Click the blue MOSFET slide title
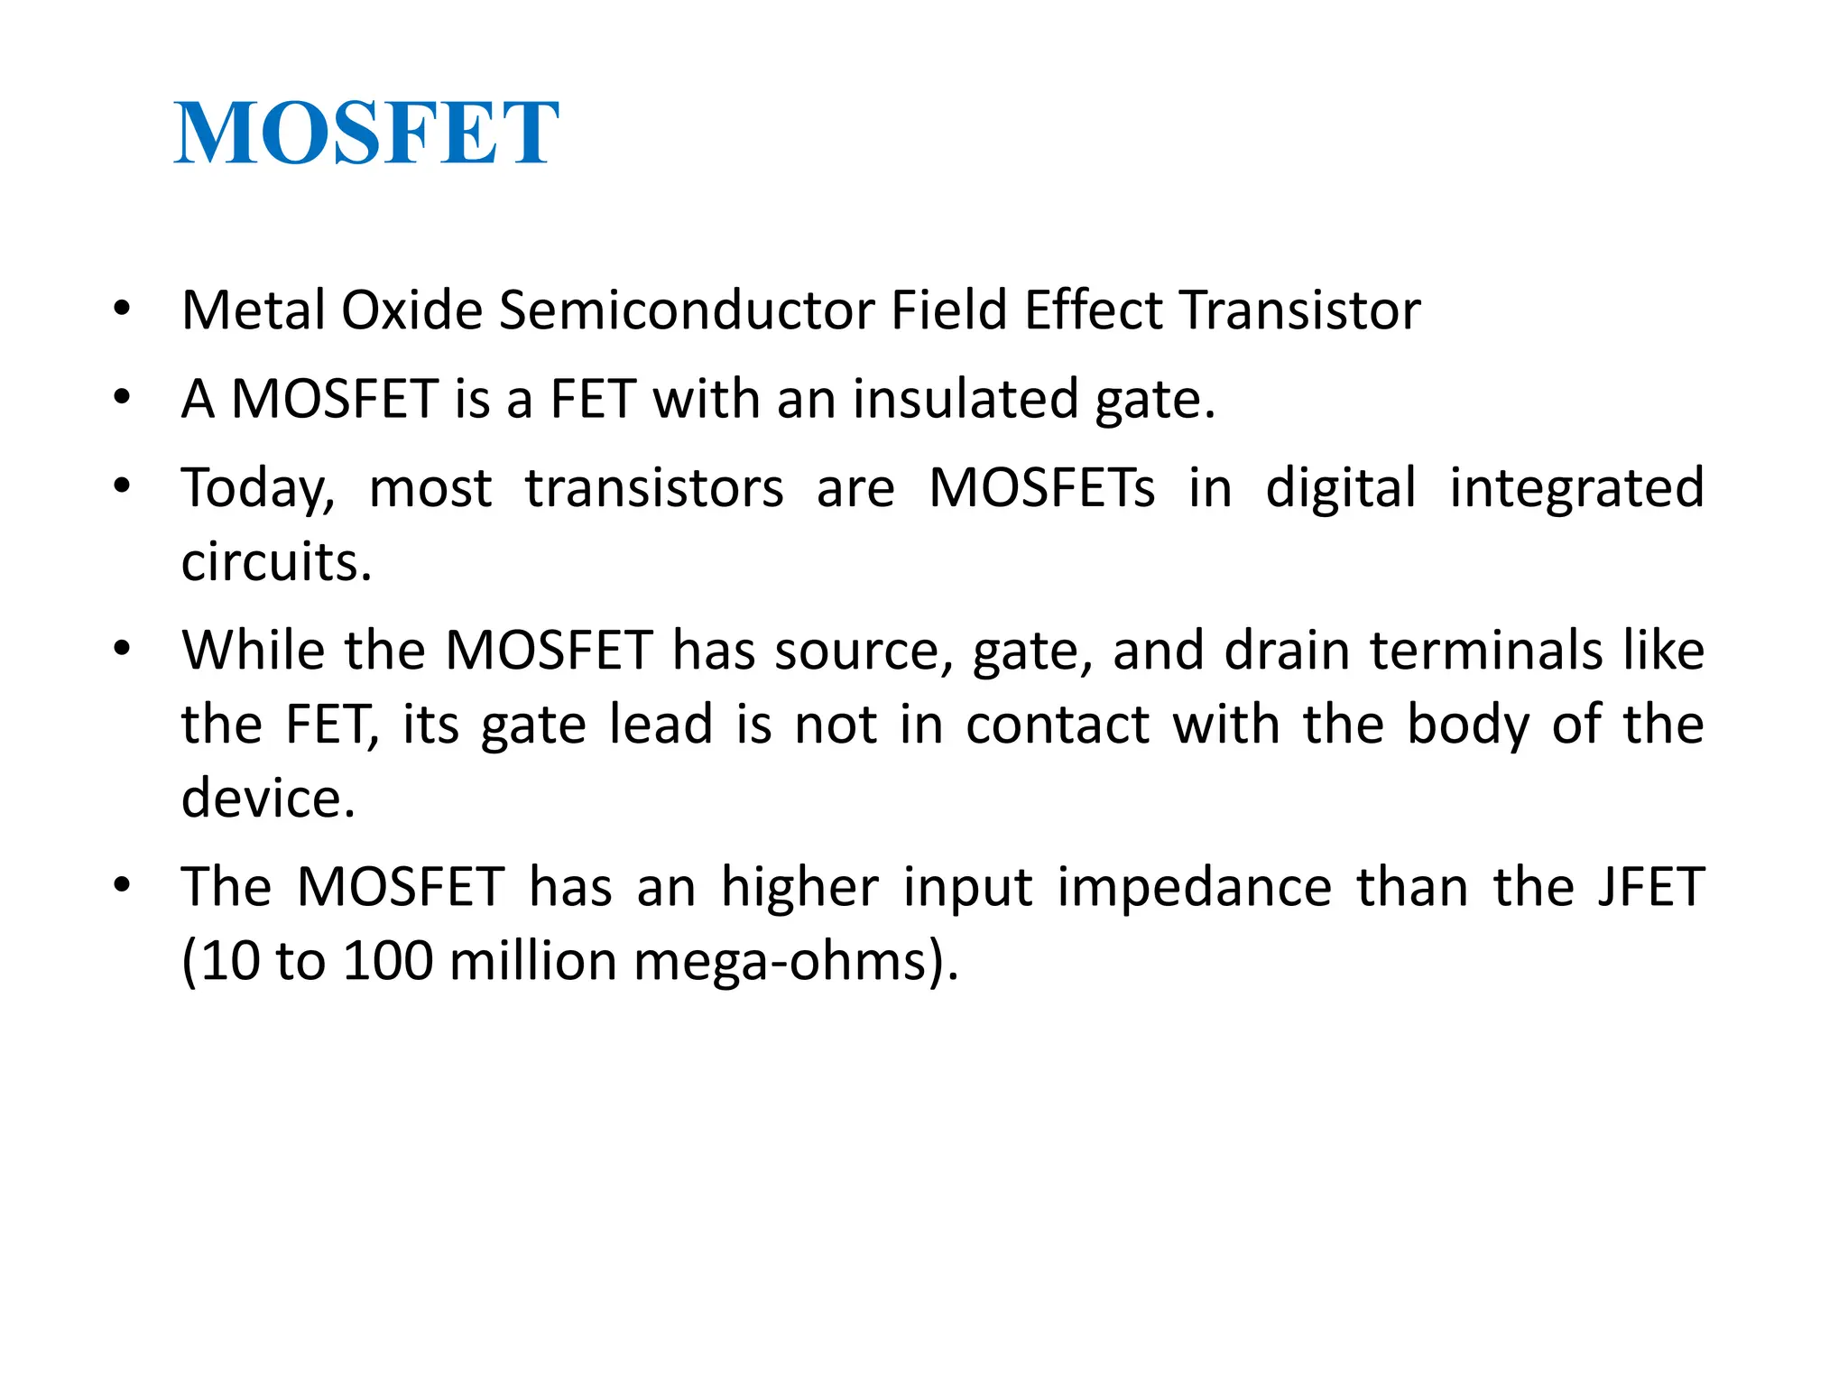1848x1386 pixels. (x=366, y=134)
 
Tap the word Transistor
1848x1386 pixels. (x=1300, y=310)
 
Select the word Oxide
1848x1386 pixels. (x=411, y=310)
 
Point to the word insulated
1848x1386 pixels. (x=965, y=399)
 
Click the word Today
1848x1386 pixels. (x=258, y=489)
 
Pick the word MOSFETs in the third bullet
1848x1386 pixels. (x=1041, y=488)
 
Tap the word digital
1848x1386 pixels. (x=1341, y=489)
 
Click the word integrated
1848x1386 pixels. (x=1576, y=489)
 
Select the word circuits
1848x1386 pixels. (x=276, y=562)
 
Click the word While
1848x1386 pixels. (x=253, y=650)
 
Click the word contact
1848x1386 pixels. (x=1058, y=724)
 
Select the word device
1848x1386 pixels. (x=268, y=798)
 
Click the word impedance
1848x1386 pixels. (x=1194, y=886)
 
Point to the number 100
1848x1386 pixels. (x=388, y=961)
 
